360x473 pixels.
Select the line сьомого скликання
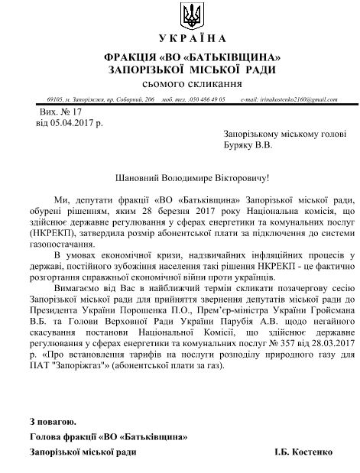coord(181,82)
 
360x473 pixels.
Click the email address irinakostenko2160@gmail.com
coord(297,99)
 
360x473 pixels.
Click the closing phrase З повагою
coord(53,421)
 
